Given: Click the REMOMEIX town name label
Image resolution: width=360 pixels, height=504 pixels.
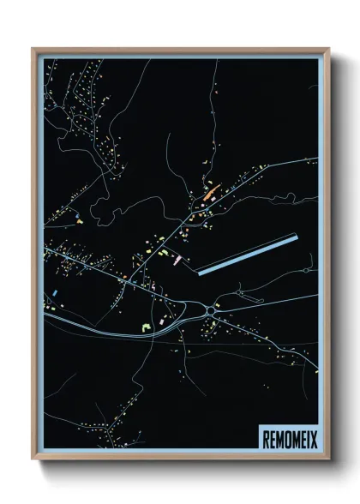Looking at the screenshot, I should coord(287,436).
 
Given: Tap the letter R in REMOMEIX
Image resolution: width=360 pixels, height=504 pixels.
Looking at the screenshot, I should coord(265,436).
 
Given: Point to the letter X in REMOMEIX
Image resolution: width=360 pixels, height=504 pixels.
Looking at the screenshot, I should coord(311,436).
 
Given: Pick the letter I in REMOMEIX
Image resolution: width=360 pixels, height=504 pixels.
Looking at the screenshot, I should coord(305,436).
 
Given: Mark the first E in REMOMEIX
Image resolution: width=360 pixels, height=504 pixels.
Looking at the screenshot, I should coord(271,436).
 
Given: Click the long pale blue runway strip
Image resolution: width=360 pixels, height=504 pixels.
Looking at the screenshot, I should coord(248,255).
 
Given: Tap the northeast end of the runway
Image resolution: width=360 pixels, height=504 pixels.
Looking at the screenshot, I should coord(296,237).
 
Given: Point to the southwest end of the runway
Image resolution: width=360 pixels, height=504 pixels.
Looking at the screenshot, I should coord(200,273).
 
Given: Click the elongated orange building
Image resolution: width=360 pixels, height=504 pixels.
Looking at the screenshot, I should coord(210,193).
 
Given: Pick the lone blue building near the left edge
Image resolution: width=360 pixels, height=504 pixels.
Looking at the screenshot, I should coord(55,293).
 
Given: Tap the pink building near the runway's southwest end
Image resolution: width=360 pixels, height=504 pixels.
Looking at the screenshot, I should coord(177,261).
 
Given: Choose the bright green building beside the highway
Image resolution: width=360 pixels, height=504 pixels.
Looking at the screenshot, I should coord(145,328).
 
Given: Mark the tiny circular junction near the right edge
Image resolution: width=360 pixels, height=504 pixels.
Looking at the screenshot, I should coord(306,271).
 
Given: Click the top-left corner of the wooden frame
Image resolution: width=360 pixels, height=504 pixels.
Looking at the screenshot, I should coord(33,49).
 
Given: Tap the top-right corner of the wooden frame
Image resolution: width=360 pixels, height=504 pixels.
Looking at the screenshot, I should coord(328,49).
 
